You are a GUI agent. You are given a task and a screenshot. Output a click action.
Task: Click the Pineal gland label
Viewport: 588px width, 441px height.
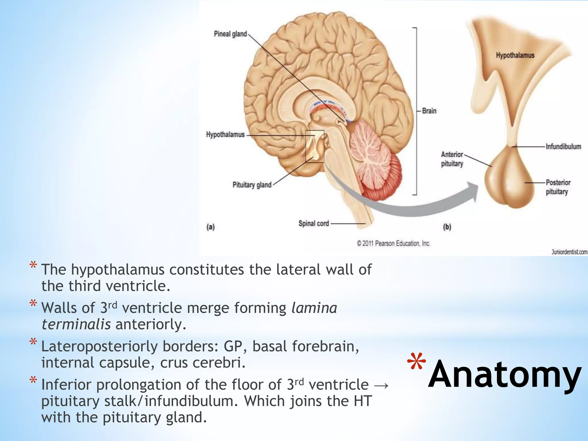coord(230,34)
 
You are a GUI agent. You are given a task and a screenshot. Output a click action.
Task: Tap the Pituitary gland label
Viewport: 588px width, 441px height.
coord(252,185)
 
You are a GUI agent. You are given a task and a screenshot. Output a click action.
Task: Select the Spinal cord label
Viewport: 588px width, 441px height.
coord(314,223)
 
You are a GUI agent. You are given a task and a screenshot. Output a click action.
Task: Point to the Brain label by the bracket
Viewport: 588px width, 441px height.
coord(429,111)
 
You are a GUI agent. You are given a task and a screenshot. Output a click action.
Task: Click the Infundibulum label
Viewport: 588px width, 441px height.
coord(563,147)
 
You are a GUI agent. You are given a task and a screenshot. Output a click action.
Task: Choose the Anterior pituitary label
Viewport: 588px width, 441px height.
coord(452,159)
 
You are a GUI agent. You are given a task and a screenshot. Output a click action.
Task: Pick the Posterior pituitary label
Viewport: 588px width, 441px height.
coord(558,187)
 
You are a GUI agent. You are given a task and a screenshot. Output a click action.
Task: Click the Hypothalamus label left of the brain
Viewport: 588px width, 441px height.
coord(225,135)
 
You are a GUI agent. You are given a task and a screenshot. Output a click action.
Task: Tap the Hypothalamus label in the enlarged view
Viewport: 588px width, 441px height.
coord(515,55)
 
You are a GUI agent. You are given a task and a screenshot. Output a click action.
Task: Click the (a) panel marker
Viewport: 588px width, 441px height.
coord(210,227)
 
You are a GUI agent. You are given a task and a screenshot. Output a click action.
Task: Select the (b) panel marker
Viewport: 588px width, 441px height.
coord(447,227)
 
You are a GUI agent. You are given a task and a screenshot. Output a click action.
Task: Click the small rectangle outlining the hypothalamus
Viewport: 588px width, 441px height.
coord(315,146)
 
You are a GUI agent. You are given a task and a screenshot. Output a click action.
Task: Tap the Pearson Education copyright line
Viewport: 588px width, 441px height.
coord(393,243)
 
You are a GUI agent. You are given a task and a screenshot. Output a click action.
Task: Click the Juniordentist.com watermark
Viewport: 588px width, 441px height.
coord(569,252)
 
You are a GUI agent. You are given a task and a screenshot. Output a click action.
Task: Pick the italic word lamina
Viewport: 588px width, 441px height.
coord(314,308)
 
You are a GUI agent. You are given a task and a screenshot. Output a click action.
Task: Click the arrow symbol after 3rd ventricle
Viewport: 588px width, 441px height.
coord(382,385)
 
